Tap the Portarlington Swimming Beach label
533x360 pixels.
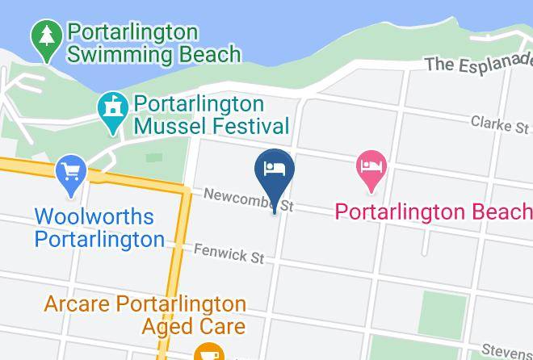point(154,44)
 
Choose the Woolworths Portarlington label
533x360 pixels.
point(99,228)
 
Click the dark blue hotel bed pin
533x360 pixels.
point(275,170)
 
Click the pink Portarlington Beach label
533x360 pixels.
point(434,211)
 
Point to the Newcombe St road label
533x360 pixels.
point(247,199)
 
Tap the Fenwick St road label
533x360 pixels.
point(229,253)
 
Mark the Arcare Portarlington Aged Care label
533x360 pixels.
point(145,315)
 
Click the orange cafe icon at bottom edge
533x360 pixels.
point(209,352)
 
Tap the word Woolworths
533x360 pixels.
point(94,217)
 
